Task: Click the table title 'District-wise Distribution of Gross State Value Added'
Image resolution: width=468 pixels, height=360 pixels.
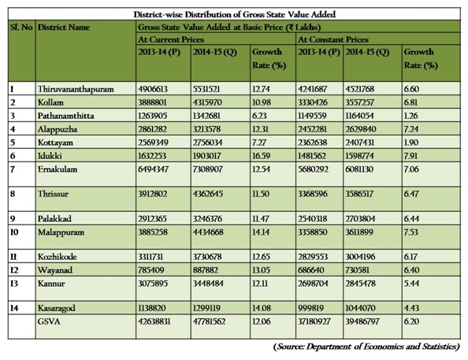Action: (235, 14)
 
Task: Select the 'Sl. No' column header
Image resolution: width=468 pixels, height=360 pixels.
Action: (21, 27)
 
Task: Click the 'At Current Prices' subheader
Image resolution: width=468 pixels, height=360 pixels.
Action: (171, 39)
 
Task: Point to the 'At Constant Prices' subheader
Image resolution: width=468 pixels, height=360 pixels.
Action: (333, 39)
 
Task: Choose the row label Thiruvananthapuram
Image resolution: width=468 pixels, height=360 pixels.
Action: (76, 89)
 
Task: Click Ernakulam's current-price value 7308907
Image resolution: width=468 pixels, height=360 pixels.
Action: (208, 169)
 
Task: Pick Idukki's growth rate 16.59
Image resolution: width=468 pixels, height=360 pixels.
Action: (261, 156)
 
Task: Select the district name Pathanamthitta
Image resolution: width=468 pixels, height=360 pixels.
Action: (65, 116)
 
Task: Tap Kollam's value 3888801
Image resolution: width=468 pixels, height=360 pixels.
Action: (153, 102)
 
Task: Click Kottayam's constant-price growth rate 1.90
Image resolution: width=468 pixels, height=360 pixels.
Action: (411, 143)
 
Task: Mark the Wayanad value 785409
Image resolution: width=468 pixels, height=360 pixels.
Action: (151, 270)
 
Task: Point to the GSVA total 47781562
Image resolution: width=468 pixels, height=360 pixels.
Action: (209, 321)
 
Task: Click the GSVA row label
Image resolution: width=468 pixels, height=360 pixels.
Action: (49, 321)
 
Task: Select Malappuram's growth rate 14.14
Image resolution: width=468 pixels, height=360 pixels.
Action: (261, 232)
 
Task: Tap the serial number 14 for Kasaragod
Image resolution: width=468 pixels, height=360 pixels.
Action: (14, 308)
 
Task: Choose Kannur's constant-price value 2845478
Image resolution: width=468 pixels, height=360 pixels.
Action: (360, 284)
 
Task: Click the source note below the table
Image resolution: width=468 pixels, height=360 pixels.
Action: (366, 347)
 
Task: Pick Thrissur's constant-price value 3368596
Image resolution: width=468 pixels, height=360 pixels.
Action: (313, 194)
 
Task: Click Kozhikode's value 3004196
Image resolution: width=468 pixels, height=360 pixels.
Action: (360, 257)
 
